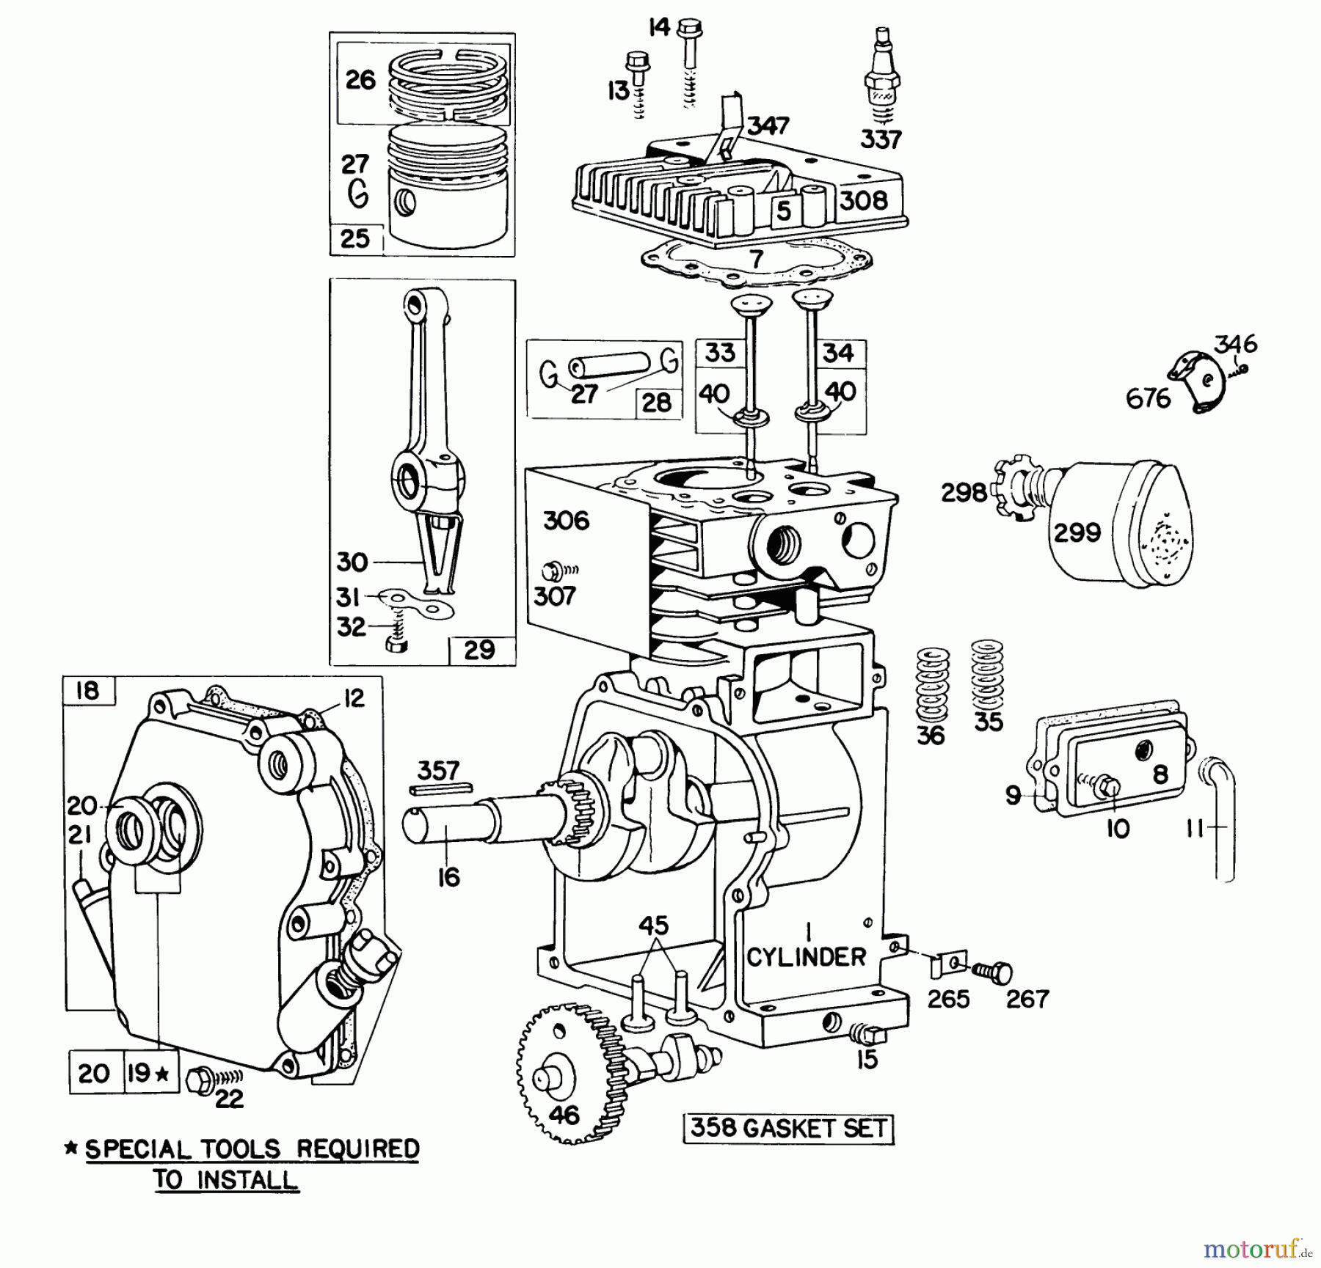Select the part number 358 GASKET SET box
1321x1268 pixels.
[789, 1129]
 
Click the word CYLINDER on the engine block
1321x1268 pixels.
[807, 957]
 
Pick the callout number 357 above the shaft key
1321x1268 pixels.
[438, 770]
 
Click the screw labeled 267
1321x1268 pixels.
[994, 972]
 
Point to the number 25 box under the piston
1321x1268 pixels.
[356, 239]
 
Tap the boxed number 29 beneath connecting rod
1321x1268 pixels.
[480, 650]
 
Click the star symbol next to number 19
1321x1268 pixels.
[163, 1074]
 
